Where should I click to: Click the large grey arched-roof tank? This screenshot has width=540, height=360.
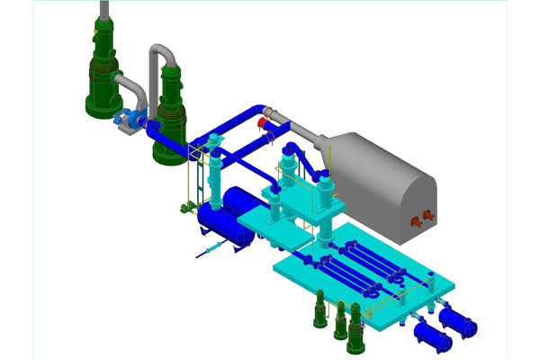click(387, 180)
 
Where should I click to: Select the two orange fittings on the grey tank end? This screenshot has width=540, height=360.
click(420, 216)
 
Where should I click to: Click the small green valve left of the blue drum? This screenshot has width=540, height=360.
click(184, 211)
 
